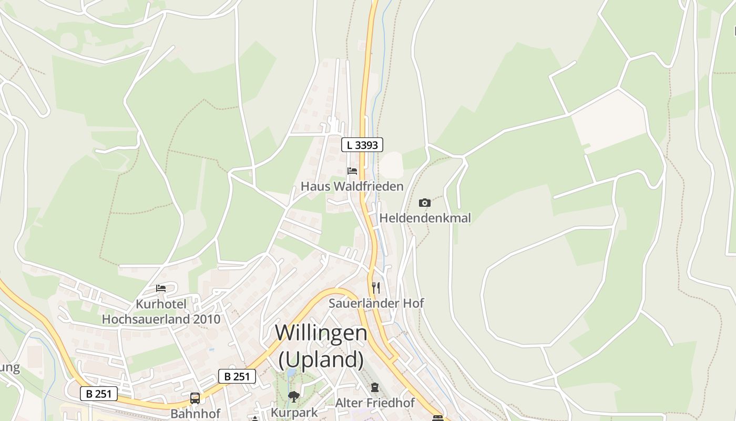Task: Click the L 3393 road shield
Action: pyautogui.click(x=362, y=145)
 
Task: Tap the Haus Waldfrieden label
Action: pyautogui.click(x=352, y=186)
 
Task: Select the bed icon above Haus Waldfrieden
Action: pyautogui.click(x=352, y=171)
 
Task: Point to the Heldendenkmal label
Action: pyautogui.click(x=425, y=218)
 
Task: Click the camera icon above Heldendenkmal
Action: pyautogui.click(x=425, y=203)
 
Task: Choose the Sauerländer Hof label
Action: pyautogui.click(x=376, y=303)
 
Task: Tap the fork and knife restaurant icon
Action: pyautogui.click(x=376, y=287)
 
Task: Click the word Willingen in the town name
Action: pyautogui.click(x=321, y=333)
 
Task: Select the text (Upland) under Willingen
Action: pyautogui.click(x=321, y=359)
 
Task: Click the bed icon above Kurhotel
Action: pyautogui.click(x=161, y=288)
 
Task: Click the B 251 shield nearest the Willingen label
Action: pyautogui.click(x=237, y=376)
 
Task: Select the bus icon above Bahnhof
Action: pyautogui.click(x=195, y=398)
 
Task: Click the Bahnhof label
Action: pyautogui.click(x=195, y=414)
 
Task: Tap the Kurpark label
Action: pyautogui.click(x=294, y=412)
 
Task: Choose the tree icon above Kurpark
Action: pyautogui.click(x=294, y=396)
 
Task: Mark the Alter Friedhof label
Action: pyautogui.click(x=375, y=403)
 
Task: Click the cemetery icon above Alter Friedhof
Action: pyautogui.click(x=374, y=388)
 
